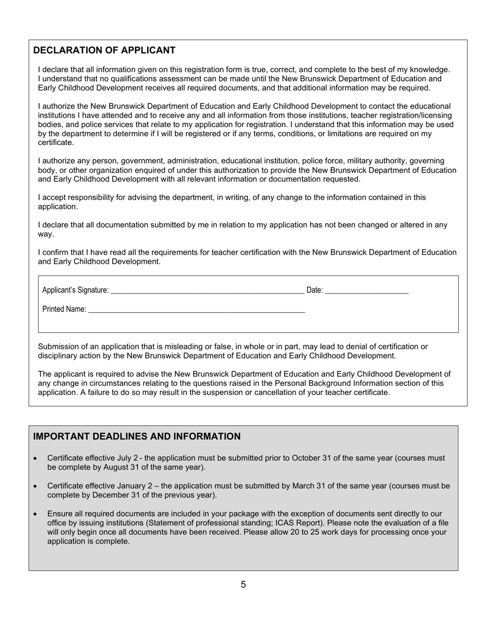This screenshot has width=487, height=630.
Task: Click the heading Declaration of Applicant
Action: tap(104, 50)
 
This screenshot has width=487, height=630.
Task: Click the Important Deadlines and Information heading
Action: tap(136, 436)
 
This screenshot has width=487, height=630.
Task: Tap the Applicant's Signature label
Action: tap(75, 290)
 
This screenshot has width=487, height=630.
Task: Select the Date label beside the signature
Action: tap(314, 290)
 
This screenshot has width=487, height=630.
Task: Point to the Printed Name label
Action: tap(64, 309)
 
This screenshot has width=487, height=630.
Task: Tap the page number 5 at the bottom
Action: tap(243, 584)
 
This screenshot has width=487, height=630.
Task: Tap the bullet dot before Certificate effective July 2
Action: tap(35, 458)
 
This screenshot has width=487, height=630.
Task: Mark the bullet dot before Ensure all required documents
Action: tap(35, 514)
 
